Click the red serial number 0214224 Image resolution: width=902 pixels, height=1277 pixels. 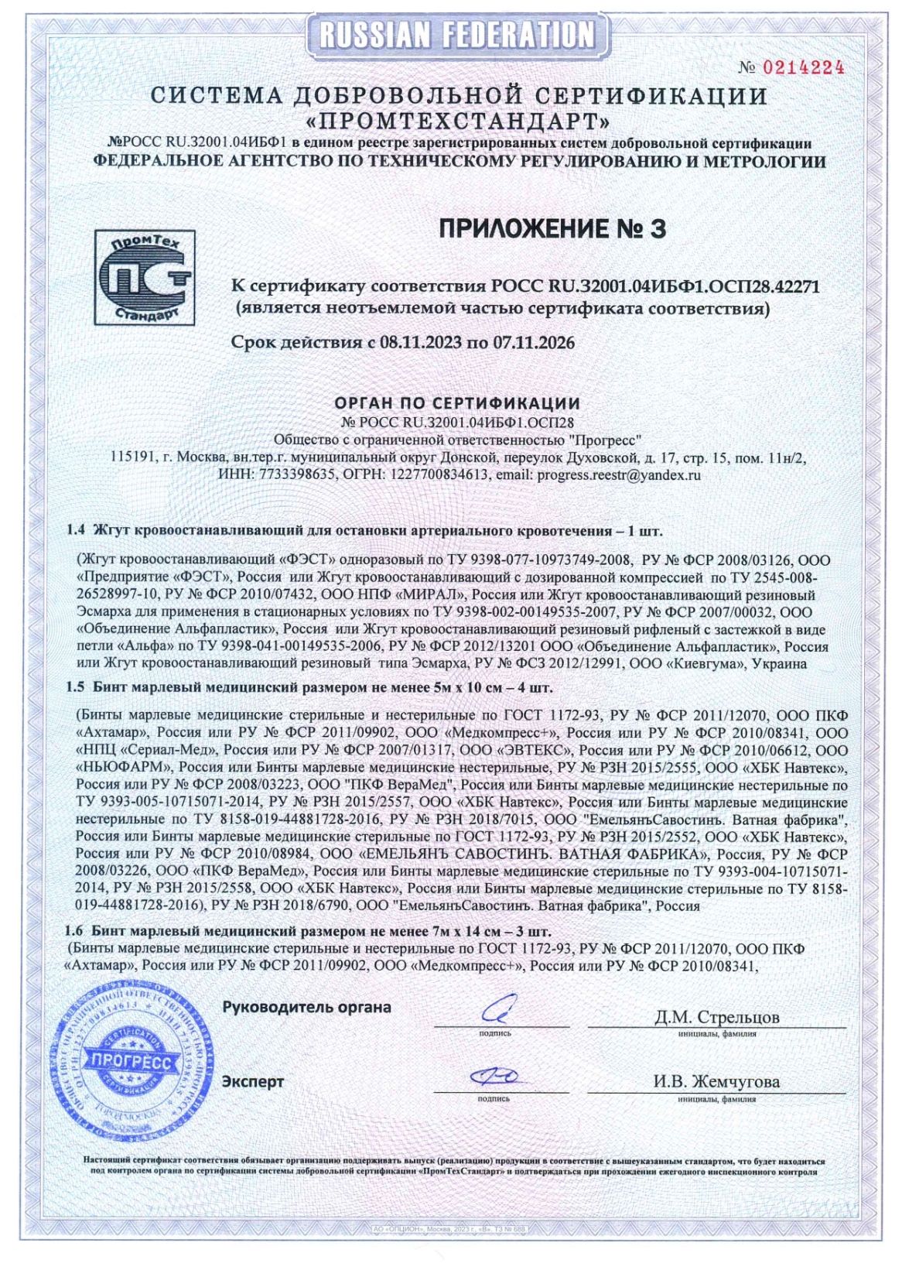click(803, 67)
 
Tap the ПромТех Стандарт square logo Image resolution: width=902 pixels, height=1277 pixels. click(145, 276)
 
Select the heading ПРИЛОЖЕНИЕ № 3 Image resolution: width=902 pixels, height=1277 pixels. click(552, 229)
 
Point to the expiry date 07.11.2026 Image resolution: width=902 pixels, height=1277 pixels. click(531, 342)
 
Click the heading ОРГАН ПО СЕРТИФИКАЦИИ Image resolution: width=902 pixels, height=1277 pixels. click(456, 403)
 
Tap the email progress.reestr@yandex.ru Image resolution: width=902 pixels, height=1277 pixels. click(618, 475)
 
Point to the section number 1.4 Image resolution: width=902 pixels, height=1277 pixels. click(76, 531)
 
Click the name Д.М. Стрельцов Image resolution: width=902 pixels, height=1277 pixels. click(716, 1016)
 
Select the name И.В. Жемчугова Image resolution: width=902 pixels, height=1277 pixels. click(716, 1081)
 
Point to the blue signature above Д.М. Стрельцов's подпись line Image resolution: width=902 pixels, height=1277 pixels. click(494, 1010)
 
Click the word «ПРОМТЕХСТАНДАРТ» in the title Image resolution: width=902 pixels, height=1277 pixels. click(458, 122)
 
